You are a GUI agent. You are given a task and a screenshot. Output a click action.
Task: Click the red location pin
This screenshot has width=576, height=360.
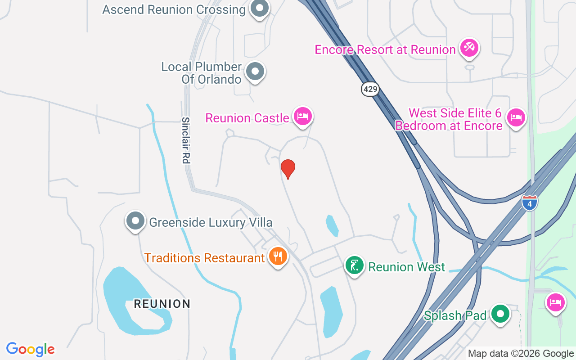[288, 168]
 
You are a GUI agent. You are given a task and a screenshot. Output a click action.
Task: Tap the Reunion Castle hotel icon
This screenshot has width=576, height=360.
[303, 116]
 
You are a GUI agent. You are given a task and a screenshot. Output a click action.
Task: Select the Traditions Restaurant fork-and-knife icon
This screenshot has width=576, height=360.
[278, 256]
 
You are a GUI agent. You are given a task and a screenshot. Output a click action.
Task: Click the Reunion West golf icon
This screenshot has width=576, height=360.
[354, 265]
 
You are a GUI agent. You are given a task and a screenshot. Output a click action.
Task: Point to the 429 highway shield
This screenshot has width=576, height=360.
[370, 89]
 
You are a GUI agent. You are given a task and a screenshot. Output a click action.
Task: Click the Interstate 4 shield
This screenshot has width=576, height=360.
[530, 202]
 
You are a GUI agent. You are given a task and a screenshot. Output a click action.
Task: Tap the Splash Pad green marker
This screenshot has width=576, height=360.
[500, 314]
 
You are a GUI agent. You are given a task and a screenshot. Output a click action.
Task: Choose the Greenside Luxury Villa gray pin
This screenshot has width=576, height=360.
[135, 221]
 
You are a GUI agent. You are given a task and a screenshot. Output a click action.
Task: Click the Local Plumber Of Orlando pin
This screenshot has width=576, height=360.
[255, 71]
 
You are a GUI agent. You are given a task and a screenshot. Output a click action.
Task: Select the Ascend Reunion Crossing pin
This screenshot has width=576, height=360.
[259, 9]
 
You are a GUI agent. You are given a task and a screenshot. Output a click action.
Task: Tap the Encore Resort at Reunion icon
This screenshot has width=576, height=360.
[469, 47]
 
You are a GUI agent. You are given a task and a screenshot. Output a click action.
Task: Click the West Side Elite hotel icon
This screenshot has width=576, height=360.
[516, 118]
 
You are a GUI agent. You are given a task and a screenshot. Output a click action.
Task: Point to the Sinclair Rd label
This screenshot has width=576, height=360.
[186, 140]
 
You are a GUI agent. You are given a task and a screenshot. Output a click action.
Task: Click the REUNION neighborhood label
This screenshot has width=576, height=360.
[162, 304]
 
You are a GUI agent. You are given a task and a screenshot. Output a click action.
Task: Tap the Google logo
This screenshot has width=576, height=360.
[31, 349]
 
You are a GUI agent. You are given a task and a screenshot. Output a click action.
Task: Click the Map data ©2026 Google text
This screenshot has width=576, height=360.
[521, 354]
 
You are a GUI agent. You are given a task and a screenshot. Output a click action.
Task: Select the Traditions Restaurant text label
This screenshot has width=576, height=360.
[204, 258]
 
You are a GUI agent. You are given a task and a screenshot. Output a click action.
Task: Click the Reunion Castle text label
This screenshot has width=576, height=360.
[247, 118]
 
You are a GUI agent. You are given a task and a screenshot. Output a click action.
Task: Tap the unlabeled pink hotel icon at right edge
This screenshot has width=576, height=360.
[555, 302]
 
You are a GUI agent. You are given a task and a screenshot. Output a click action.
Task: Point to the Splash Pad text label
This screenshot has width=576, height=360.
[455, 315]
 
